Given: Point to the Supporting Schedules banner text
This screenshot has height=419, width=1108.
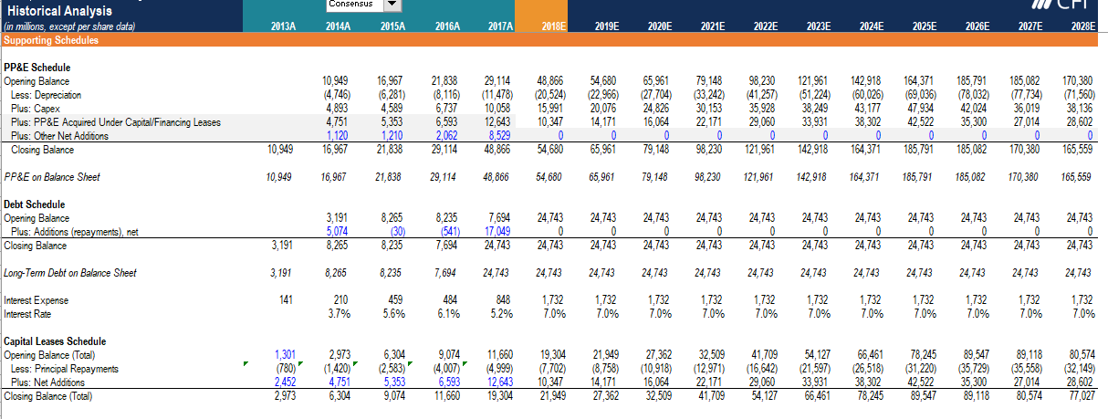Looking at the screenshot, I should pos(41,40).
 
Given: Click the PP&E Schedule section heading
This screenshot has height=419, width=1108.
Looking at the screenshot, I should pos(37,68).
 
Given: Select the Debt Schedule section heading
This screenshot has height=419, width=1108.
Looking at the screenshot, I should pos(35,204).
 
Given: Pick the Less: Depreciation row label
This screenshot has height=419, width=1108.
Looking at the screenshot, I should pos(46,95).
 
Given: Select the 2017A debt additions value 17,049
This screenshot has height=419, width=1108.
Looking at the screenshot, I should pos(497,232).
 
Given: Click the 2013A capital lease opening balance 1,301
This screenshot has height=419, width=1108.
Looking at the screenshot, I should pos(285,355).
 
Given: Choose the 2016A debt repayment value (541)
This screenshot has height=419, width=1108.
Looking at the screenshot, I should pos(446,232).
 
